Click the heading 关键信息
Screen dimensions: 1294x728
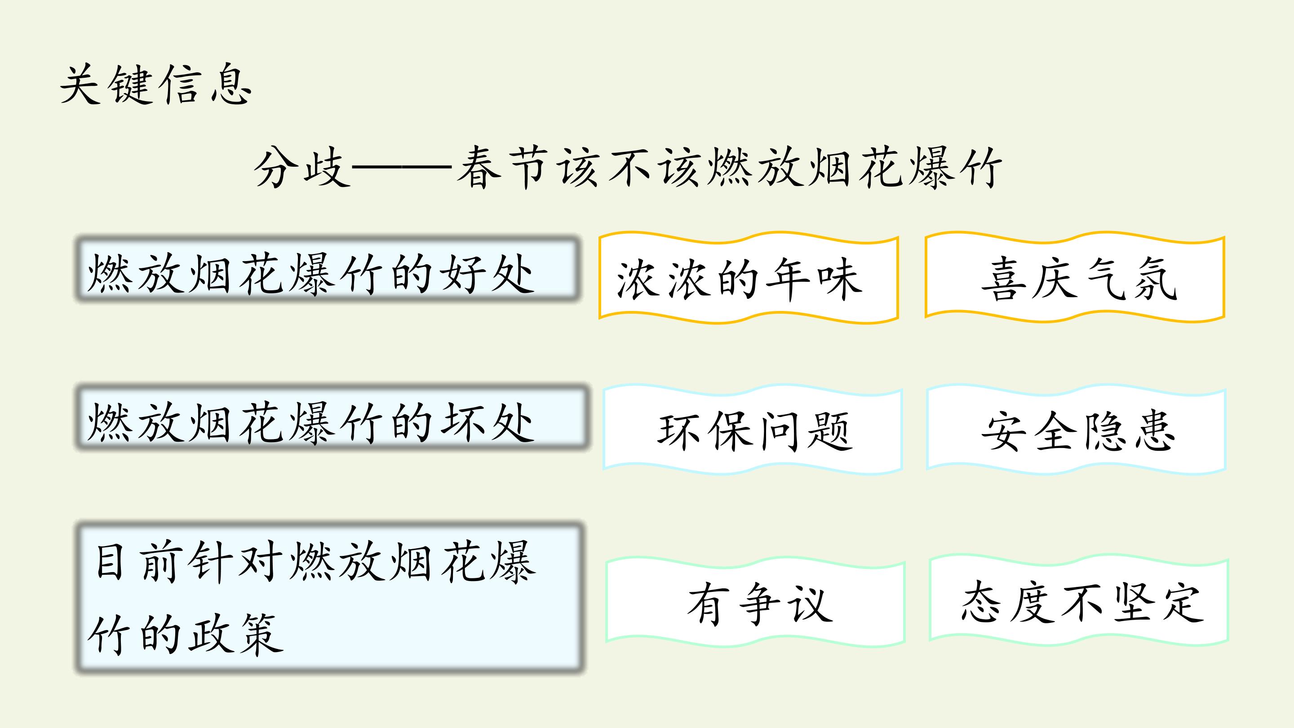coord(156,84)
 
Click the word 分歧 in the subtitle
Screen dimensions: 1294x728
coord(302,167)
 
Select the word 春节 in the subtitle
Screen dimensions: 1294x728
coord(503,167)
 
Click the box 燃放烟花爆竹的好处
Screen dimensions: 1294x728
coord(328,269)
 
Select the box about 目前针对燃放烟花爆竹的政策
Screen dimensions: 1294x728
coord(330,598)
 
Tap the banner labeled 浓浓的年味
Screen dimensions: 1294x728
coord(749,277)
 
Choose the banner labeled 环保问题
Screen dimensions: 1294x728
coord(753,430)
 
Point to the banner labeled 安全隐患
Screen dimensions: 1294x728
coord(1077,430)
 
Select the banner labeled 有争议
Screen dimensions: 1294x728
coord(755,601)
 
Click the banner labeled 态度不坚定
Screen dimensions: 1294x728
coord(1079,600)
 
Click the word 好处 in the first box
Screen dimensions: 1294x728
coord(487,274)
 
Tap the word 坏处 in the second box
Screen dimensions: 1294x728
coord(487,422)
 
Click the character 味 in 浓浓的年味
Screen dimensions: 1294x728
coord(839,280)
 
